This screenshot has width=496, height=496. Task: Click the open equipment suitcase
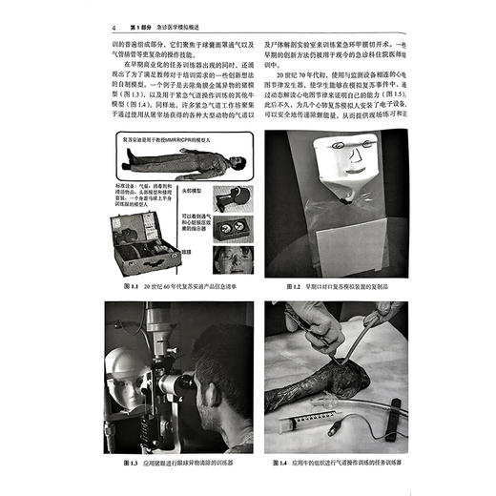(143, 242)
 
